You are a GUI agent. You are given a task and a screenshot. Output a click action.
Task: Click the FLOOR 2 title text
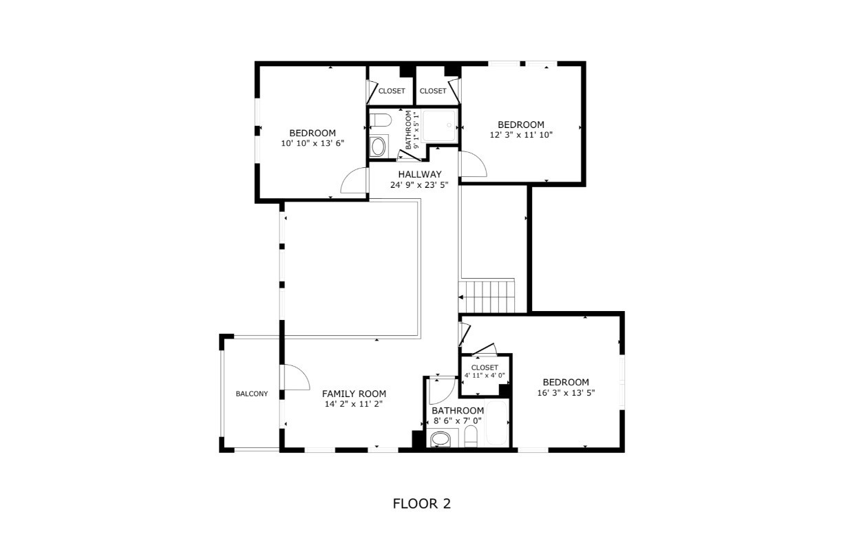(x=422, y=504)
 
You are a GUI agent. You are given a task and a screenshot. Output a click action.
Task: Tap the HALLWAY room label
(x=420, y=174)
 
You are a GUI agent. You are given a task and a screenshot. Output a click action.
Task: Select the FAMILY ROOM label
(x=354, y=394)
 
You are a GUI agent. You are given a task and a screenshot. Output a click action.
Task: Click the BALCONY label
(x=252, y=394)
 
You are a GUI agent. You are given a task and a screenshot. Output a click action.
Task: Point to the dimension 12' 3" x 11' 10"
(x=521, y=135)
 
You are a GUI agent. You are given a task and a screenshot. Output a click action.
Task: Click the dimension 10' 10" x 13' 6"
(x=312, y=143)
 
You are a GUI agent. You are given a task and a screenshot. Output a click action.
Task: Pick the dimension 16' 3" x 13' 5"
(x=566, y=392)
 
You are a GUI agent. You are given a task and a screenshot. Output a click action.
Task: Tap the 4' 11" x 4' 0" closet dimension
(x=485, y=376)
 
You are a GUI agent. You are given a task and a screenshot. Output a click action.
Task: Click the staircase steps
(x=487, y=296)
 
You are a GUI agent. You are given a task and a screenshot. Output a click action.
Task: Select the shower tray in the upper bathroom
(x=438, y=126)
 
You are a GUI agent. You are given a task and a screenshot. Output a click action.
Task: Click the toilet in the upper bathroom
(x=380, y=120)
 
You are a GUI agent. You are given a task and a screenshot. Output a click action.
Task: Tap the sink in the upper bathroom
(x=379, y=147)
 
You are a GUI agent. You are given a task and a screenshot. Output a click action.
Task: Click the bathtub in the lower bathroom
(x=496, y=423)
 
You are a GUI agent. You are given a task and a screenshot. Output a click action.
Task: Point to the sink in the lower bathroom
(x=441, y=439)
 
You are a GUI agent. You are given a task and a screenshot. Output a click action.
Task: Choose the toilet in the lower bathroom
(x=471, y=436)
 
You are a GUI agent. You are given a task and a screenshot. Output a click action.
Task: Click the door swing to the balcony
(x=295, y=377)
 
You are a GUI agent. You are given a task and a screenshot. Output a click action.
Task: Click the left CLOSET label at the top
(x=392, y=91)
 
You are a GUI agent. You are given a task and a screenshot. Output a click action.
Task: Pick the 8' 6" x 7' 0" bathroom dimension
(x=458, y=420)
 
